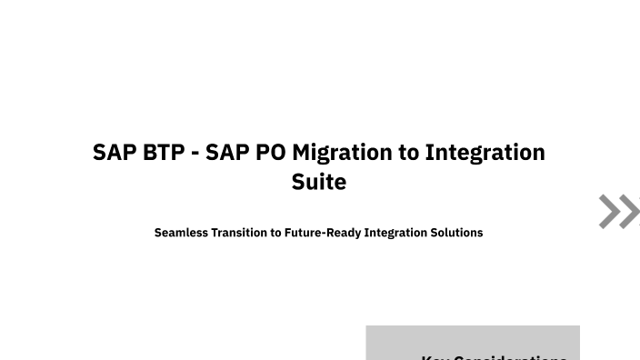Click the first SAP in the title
point(115,152)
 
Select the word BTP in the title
point(164,152)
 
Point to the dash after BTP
point(195,153)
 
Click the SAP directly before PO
point(227,152)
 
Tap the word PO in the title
point(270,152)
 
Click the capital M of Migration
point(303,152)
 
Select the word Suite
point(319,182)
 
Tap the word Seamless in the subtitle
point(181,233)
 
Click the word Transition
point(239,233)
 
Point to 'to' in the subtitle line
point(275,233)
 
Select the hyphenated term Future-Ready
point(323,233)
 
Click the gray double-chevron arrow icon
point(618,212)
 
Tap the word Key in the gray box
point(434,357)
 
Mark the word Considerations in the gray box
point(508,357)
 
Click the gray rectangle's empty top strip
point(473,336)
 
